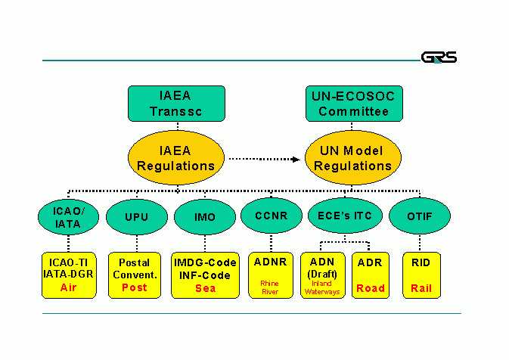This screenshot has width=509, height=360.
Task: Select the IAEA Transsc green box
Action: coord(176,104)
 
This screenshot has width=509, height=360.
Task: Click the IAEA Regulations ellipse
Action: coord(176,158)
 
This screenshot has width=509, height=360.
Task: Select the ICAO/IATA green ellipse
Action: coord(69,216)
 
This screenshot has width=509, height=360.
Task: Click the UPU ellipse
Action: coord(136,217)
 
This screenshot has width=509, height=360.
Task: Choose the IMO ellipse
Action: coord(204,217)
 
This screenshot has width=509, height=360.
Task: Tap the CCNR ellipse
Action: coord(272,216)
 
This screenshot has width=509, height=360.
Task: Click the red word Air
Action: coord(69,287)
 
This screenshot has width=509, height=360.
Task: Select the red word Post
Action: coord(135,287)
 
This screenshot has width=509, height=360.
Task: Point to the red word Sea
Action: coord(205,287)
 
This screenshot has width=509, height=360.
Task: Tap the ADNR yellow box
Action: coord(270,275)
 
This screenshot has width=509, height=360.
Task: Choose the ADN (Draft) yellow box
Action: coord(321,275)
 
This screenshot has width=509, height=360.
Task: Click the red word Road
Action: coord(371,287)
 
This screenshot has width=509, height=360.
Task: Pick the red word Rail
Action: coord(421,287)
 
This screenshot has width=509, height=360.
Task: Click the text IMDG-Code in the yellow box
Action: coord(205,262)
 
